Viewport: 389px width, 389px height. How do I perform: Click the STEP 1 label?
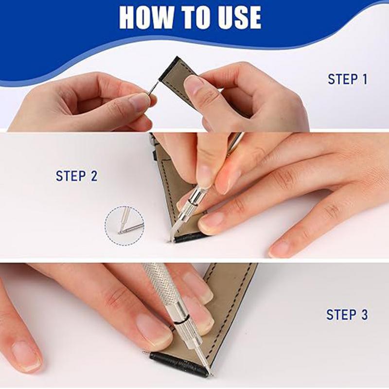point(347,79)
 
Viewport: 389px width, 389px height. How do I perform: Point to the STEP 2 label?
point(76,176)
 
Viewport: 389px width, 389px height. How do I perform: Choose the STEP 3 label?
point(347,315)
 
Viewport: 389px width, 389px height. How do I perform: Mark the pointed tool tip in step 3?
point(209,372)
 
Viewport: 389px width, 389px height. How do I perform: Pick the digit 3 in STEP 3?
point(364,315)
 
